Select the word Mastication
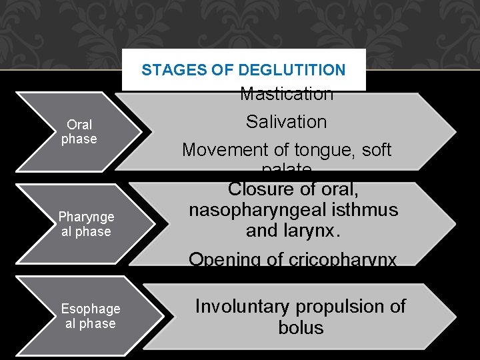287,95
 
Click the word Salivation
287,122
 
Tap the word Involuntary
241,307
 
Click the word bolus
301,328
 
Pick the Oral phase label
79,132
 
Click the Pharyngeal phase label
86,224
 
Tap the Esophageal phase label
91,316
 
